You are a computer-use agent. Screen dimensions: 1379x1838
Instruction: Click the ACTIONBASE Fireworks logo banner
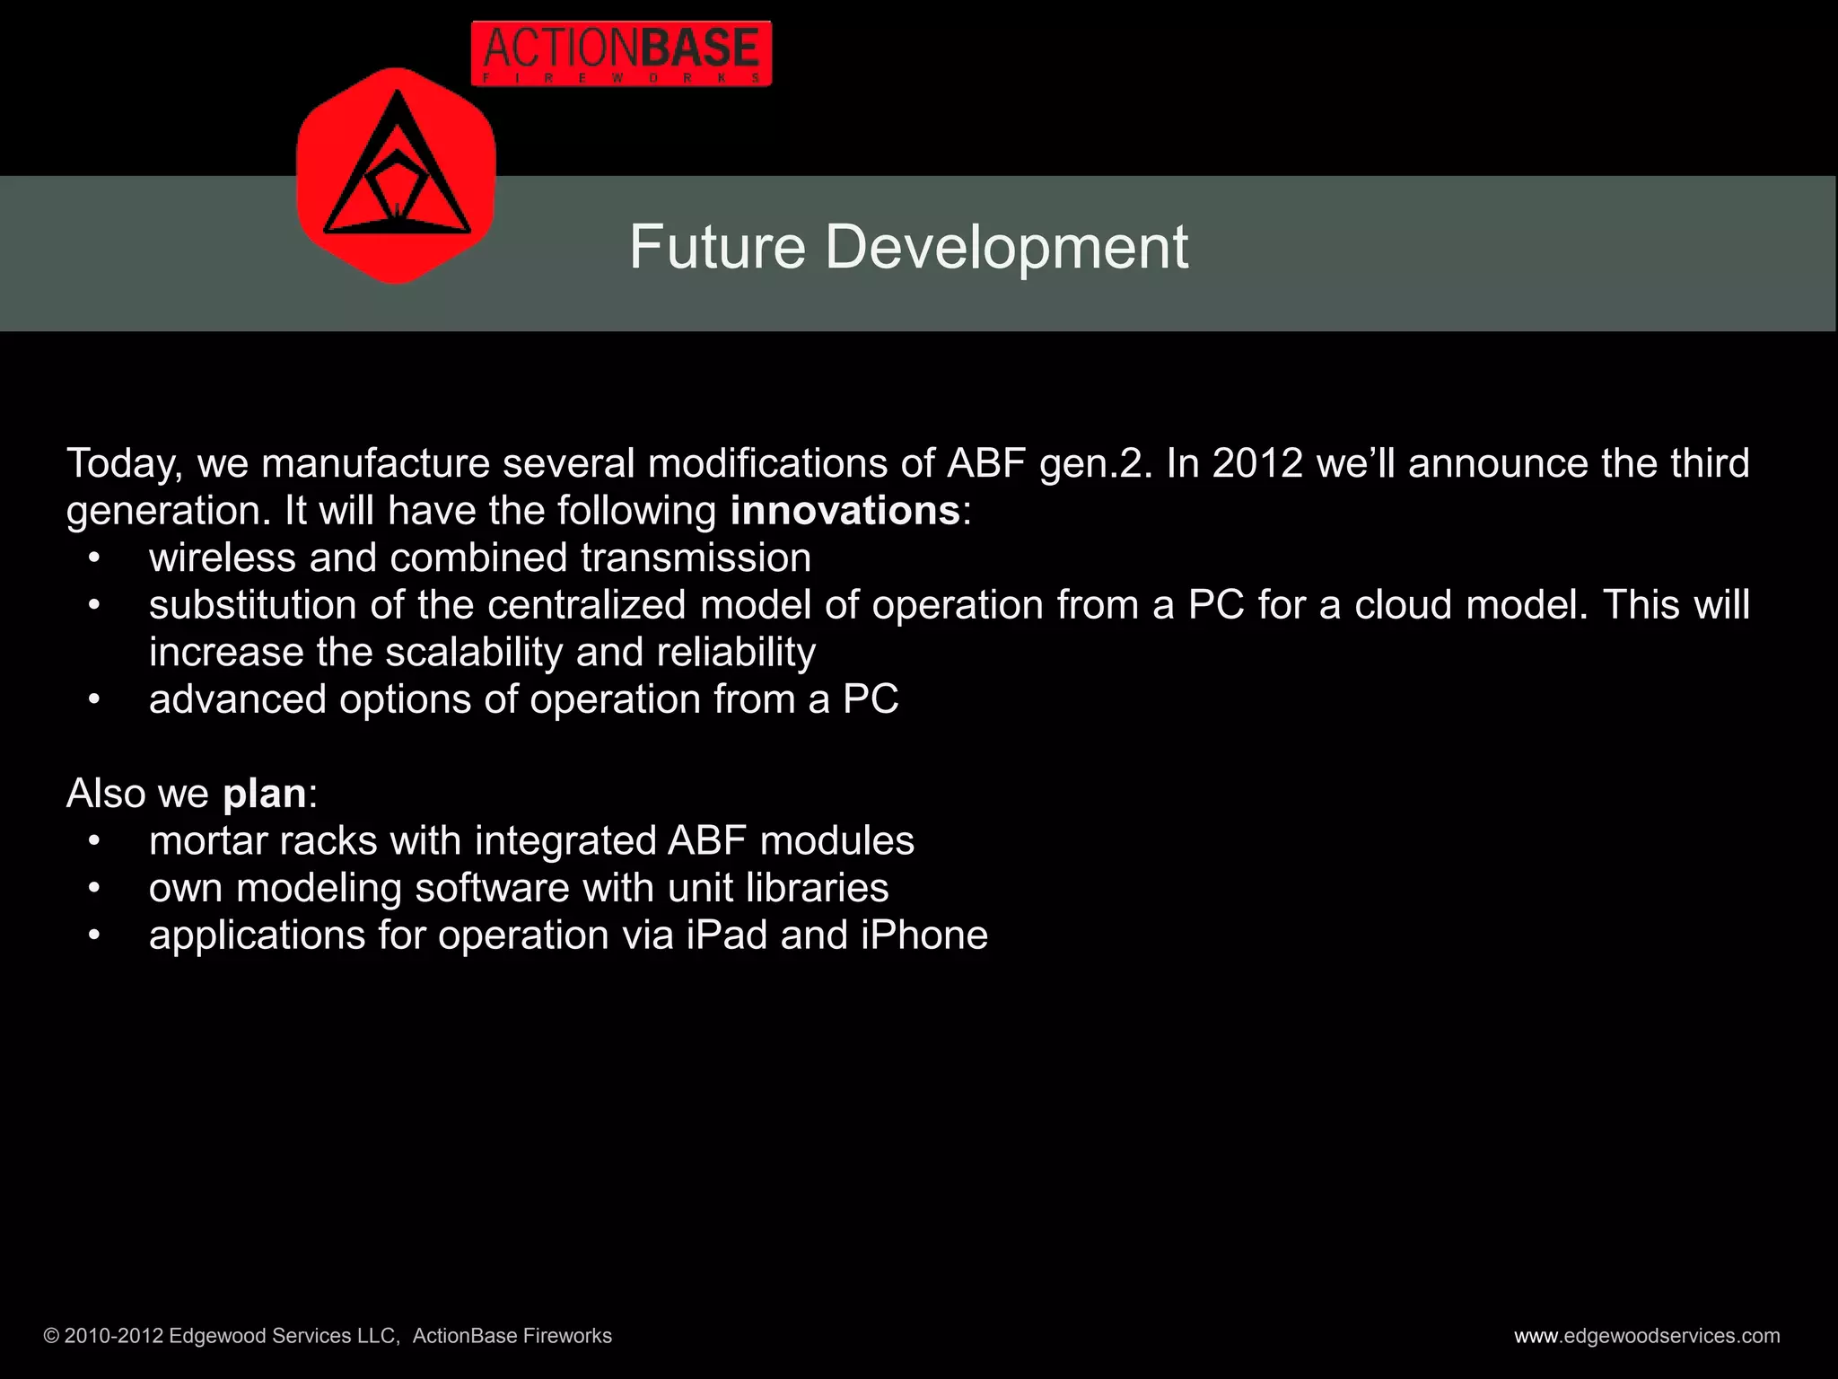621,54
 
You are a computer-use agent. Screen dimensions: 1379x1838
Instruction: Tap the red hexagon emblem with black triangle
396,176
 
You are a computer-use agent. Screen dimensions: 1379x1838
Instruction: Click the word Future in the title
716,247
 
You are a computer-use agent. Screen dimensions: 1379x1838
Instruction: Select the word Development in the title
1006,247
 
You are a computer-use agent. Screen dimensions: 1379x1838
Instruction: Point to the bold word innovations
845,511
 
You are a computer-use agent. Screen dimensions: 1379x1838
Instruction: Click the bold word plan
265,794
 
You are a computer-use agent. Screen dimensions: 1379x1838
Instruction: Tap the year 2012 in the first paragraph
1256,463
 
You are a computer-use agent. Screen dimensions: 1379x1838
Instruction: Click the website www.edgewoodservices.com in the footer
1646,1336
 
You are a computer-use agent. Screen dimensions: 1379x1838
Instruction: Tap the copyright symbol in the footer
51,1337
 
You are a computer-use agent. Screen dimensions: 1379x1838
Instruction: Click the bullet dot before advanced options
94,700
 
